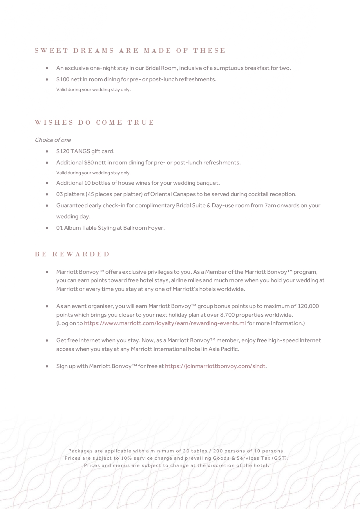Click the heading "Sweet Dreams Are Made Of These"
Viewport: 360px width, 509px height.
coord(130,51)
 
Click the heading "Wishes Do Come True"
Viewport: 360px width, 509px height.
coord(94,122)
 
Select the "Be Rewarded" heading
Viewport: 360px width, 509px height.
coord(72,254)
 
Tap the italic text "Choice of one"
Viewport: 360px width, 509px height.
coord(53,140)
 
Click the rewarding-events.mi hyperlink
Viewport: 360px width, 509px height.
coord(165,323)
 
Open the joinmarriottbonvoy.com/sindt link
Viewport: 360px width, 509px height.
coord(215,366)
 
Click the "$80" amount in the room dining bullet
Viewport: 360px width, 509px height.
coord(89,162)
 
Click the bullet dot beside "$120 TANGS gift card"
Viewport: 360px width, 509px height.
coord(47,151)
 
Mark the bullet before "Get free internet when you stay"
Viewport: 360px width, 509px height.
coord(47,340)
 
